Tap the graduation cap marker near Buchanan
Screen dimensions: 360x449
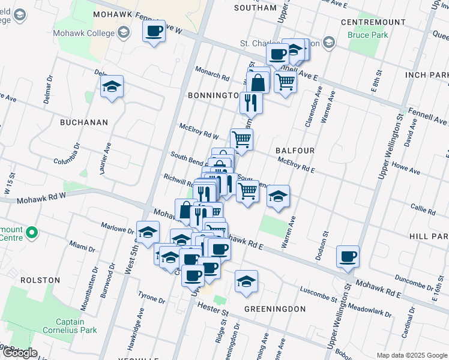point(112,87)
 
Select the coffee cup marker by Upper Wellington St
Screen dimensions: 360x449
point(348,257)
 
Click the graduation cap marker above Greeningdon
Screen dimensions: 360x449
point(246,281)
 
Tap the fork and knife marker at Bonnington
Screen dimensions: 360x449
point(251,102)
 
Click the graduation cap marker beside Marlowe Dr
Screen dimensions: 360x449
point(148,233)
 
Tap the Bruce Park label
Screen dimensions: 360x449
point(367,35)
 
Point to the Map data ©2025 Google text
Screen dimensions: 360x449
point(411,355)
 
